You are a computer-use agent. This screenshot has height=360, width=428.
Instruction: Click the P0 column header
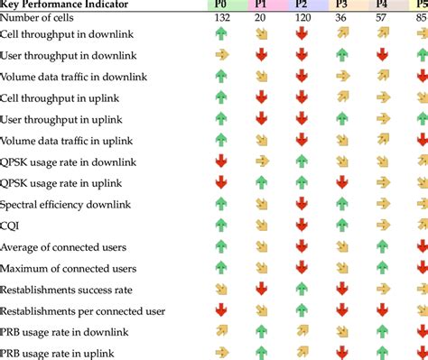tap(221, 5)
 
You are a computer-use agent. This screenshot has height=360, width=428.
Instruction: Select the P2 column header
tap(301, 5)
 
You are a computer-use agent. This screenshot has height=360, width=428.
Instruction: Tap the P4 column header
tap(382, 5)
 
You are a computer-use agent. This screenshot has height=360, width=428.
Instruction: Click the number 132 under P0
tap(221, 17)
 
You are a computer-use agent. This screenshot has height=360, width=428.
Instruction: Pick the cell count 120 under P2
tap(301, 17)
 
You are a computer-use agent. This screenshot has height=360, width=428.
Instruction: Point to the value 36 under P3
tap(342, 17)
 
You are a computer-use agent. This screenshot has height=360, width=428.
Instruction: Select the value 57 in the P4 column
tap(382, 17)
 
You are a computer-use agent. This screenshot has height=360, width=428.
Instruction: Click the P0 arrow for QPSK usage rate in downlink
tap(221, 162)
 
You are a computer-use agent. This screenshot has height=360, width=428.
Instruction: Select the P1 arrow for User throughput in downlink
tap(261, 55)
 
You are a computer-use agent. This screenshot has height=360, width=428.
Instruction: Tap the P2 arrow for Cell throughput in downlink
tap(301, 33)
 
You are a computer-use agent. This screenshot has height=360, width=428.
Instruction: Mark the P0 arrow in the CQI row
tap(221, 226)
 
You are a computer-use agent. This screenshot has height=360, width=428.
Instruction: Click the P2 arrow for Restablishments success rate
tap(301, 291)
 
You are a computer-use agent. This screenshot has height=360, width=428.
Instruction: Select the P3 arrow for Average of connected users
tap(342, 248)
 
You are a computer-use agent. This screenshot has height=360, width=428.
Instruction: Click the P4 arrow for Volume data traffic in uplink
tap(382, 140)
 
